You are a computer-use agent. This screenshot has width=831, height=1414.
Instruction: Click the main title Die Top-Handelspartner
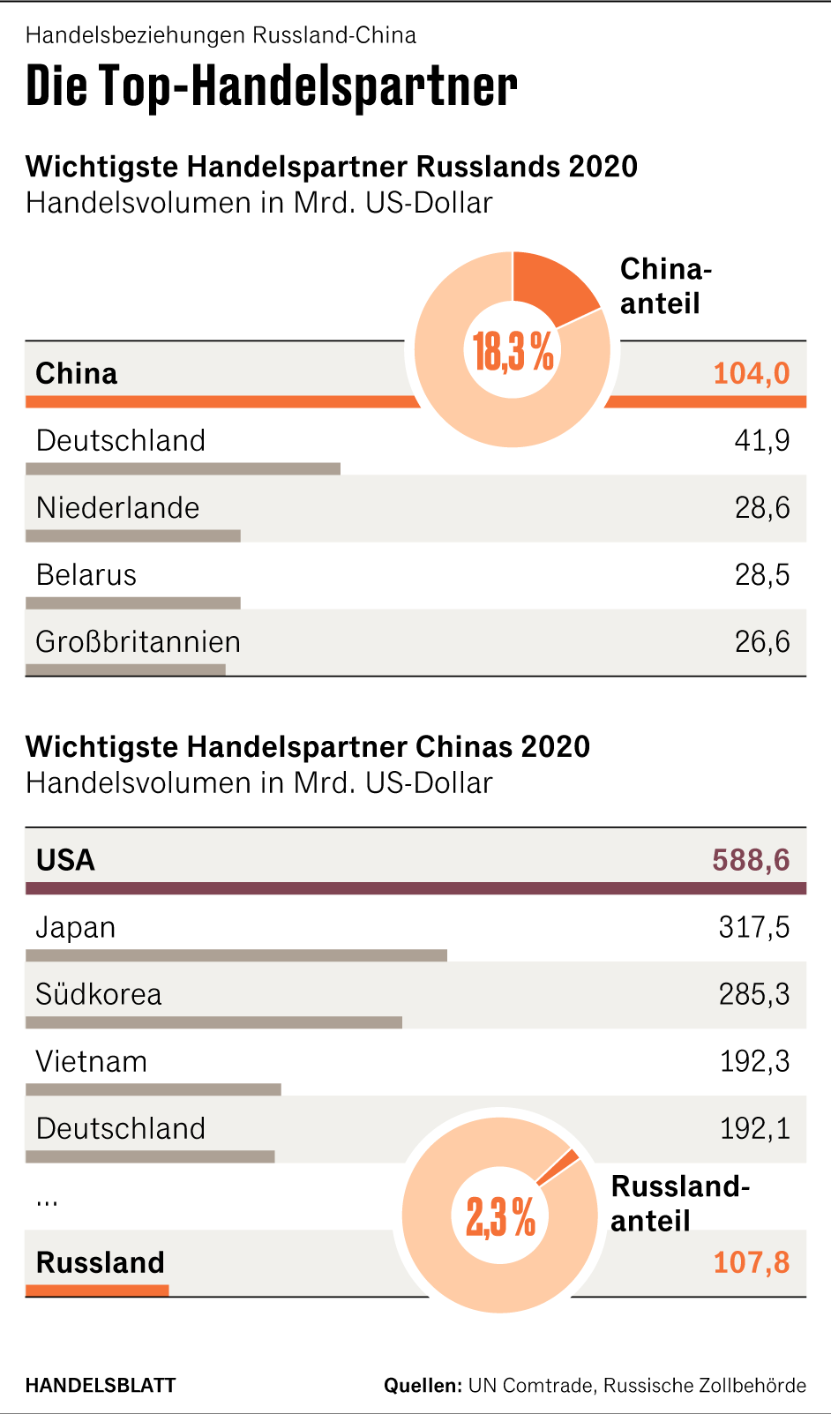click(x=271, y=86)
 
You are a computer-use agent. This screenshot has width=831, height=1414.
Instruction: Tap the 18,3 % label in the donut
click(x=513, y=351)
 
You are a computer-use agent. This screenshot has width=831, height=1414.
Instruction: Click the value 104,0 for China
click(x=751, y=373)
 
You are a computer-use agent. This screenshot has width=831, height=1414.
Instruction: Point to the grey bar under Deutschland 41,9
click(x=183, y=469)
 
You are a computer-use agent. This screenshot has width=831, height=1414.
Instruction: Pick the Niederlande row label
click(x=117, y=508)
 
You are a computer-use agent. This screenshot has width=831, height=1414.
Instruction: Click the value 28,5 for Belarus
click(x=761, y=575)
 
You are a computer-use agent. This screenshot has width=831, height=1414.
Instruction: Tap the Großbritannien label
click(x=138, y=641)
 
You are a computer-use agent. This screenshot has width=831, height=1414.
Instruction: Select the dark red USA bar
click(x=415, y=888)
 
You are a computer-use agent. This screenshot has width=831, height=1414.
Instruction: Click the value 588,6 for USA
click(x=751, y=860)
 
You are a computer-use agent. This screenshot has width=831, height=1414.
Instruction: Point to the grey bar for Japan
click(x=236, y=955)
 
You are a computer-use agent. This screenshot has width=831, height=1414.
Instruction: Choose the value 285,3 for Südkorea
click(x=753, y=994)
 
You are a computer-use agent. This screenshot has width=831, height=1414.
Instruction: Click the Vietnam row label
click(x=91, y=1061)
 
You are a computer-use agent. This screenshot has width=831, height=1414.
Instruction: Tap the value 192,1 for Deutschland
click(x=754, y=1128)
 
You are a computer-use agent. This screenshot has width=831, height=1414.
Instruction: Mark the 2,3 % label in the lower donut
click(x=500, y=1217)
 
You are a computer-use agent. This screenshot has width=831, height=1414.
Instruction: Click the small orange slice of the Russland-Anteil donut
click(x=558, y=1168)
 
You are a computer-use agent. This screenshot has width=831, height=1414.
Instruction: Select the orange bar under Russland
click(x=97, y=1291)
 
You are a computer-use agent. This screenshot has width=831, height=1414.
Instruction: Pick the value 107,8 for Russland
click(x=751, y=1262)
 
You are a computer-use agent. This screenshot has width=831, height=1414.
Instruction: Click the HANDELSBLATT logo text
click(x=101, y=1385)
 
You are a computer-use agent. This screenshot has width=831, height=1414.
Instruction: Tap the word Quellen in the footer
click(x=423, y=1385)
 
